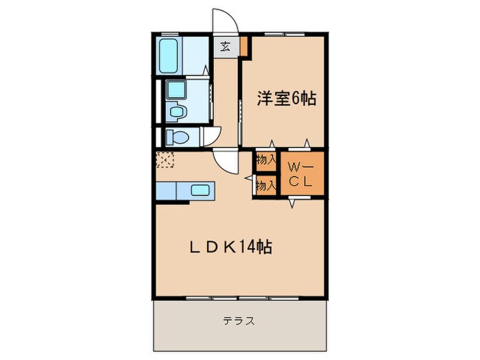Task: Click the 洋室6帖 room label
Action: tap(286, 99)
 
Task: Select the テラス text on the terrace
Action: tap(239, 320)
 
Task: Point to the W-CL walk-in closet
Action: tap(300, 175)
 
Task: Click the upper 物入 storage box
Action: tap(265, 160)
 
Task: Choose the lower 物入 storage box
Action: tap(265, 184)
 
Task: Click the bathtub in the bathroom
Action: tap(169, 56)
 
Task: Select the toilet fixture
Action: tap(176, 136)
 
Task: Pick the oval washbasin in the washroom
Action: tap(177, 111)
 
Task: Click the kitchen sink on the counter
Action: tap(200, 191)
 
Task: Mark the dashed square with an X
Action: tap(165, 160)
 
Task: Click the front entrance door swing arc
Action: tap(226, 21)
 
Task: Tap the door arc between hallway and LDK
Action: tap(224, 163)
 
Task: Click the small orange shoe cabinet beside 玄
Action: tap(244, 47)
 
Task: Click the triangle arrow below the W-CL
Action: tap(291, 203)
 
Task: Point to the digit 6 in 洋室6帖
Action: tap(296, 99)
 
